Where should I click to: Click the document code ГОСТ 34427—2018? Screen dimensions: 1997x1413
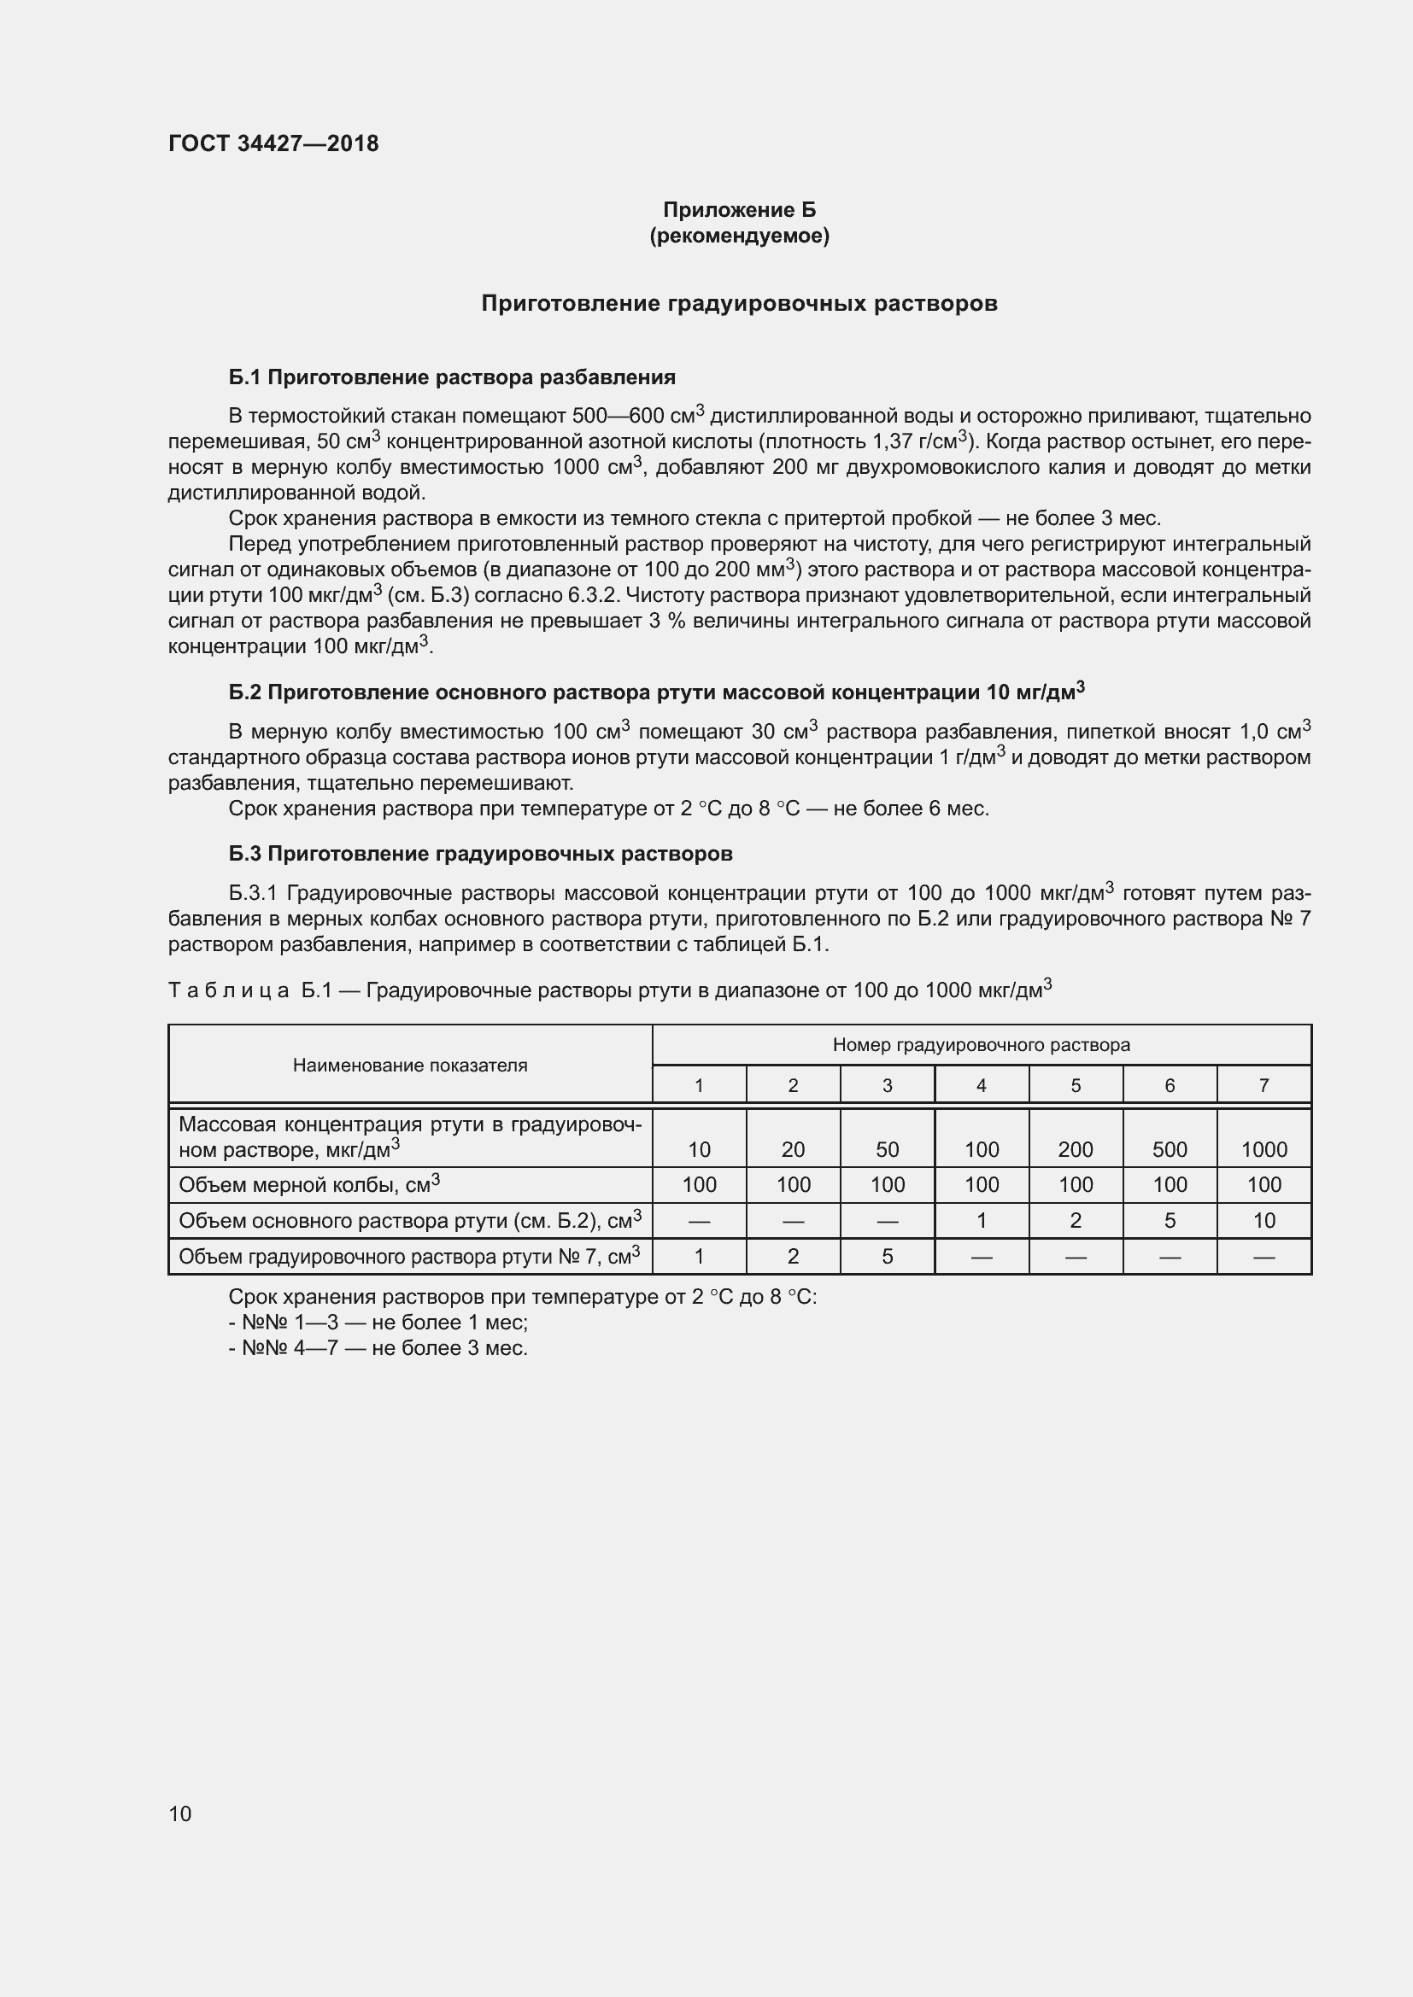(x=273, y=143)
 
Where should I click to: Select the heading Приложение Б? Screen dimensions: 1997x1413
(x=739, y=210)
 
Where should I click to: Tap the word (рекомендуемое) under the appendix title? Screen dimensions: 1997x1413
(x=739, y=236)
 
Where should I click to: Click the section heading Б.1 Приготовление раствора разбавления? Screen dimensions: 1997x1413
(x=452, y=377)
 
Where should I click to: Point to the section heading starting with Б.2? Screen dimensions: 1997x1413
(x=656, y=692)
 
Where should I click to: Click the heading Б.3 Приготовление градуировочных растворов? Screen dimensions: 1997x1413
(x=480, y=854)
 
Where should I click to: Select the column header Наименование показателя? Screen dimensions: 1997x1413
(x=410, y=1066)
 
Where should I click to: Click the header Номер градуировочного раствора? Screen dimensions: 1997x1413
(x=981, y=1044)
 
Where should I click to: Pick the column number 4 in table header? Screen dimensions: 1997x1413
(x=981, y=1084)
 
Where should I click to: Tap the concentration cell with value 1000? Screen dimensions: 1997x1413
(x=1263, y=1149)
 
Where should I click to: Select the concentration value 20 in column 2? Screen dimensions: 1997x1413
(x=793, y=1149)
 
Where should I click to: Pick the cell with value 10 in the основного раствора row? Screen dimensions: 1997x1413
(x=1263, y=1220)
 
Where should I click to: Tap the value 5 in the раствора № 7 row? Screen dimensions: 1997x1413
(x=887, y=1256)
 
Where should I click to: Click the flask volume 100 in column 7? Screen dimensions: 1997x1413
(x=1263, y=1185)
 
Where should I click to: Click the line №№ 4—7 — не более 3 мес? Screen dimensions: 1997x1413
(x=378, y=1348)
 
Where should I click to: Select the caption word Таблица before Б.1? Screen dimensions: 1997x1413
(x=228, y=990)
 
